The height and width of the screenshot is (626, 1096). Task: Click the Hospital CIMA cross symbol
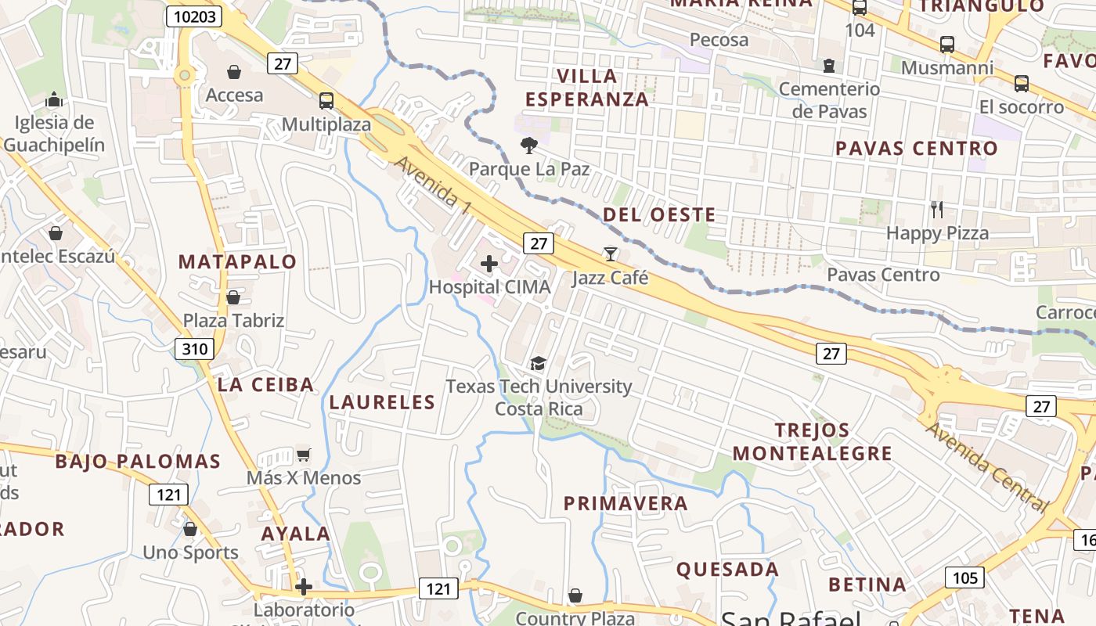[489, 264]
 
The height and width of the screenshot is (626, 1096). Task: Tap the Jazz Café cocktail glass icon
[611, 254]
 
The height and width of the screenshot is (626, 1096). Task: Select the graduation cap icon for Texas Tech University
[538, 363]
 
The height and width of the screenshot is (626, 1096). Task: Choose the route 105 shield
[965, 577]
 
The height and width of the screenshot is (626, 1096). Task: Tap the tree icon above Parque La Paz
[529, 146]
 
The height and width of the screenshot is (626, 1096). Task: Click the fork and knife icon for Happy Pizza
[936, 209]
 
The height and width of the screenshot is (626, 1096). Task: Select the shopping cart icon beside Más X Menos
[304, 455]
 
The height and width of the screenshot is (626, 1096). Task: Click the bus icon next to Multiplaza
[326, 101]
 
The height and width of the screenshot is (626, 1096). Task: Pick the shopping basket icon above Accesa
[234, 73]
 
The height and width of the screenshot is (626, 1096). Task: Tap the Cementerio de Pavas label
[829, 100]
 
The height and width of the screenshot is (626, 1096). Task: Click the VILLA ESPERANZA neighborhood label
[587, 88]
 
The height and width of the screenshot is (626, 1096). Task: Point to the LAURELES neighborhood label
[382, 402]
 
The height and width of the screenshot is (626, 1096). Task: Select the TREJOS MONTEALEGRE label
[813, 441]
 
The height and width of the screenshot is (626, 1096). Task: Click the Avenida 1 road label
[433, 185]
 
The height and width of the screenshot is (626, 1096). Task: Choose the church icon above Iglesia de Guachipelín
[54, 99]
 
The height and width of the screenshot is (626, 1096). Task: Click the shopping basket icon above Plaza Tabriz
[233, 297]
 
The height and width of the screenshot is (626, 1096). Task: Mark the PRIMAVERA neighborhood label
[626, 503]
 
